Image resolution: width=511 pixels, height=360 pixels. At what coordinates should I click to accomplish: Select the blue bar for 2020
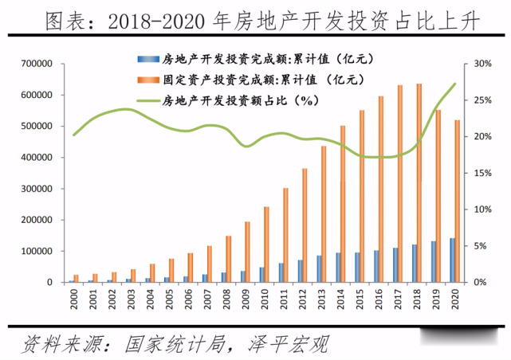tap(452, 260)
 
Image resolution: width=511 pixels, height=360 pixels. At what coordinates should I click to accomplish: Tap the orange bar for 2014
tap(343, 204)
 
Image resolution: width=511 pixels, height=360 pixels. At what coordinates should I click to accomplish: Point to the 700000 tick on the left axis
tap(37, 64)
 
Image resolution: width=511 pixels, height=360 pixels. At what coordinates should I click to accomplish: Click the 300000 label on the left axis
tap(37, 189)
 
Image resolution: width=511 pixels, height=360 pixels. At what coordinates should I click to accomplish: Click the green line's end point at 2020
tap(455, 84)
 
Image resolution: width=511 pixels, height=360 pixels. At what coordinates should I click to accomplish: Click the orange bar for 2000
tap(76, 279)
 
